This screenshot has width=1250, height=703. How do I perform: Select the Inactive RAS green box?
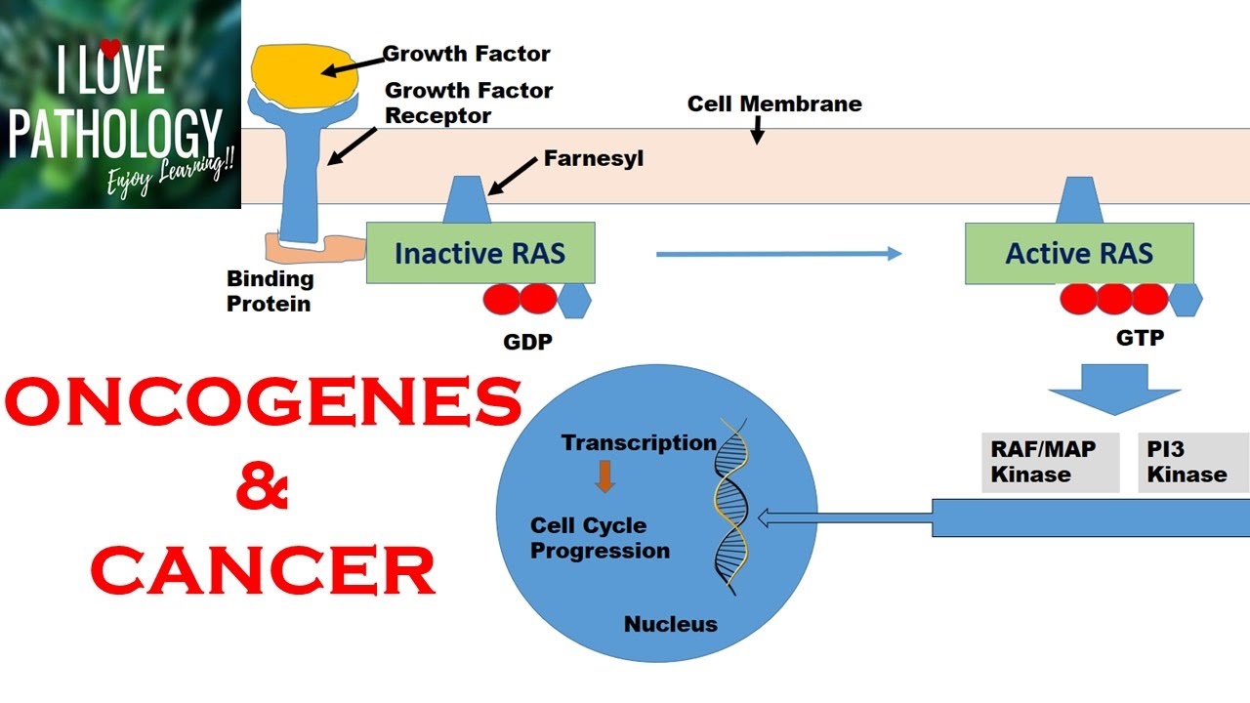(479, 253)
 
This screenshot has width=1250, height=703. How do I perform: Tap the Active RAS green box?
(1079, 254)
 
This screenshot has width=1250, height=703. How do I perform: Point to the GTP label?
(1140, 339)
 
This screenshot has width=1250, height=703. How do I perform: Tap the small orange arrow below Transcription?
(604, 476)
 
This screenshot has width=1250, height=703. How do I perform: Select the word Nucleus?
(670, 623)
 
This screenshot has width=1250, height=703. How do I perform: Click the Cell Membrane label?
(774, 103)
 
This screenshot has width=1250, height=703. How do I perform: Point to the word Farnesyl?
(593, 157)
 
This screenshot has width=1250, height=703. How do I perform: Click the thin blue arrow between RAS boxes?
(777, 254)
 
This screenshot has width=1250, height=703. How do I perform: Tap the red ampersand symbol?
(263, 489)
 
